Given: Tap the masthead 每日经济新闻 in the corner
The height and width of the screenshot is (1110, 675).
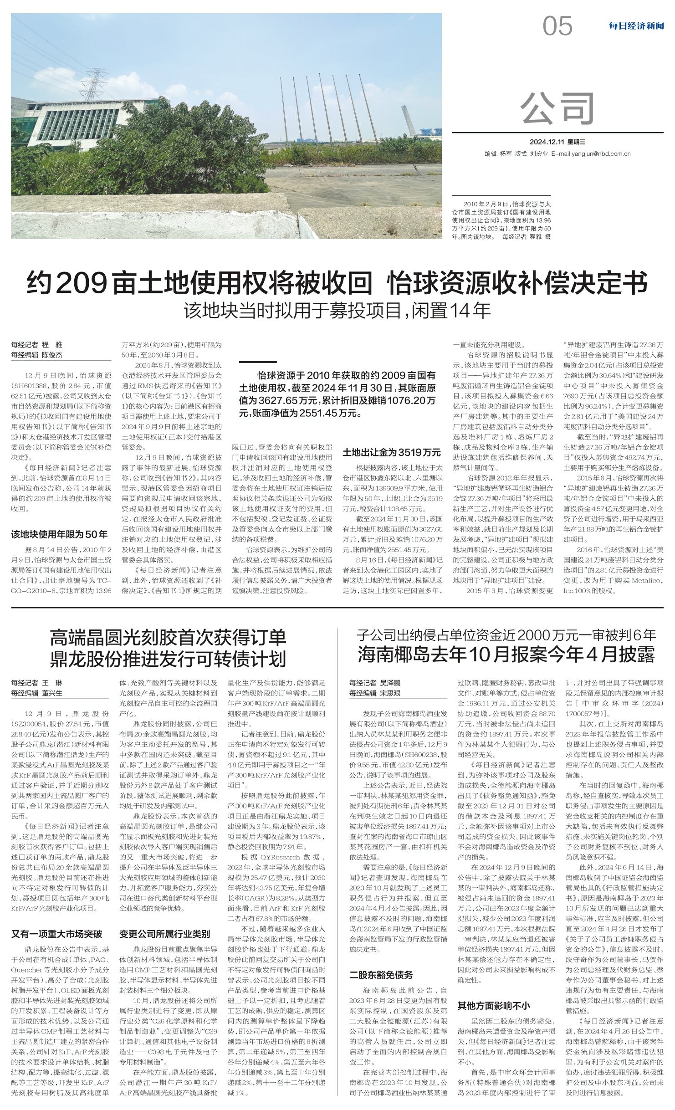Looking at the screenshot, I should [x=636, y=26].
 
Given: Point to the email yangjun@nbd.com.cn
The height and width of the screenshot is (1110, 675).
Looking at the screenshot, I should [x=591, y=154].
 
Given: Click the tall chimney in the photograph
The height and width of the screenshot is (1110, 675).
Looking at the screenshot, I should [x=404, y=121].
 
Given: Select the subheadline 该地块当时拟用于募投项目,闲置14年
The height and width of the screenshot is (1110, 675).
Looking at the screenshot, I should [x=337, y=311].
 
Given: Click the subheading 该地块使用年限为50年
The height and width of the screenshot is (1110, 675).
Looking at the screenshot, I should [x=60, y=534].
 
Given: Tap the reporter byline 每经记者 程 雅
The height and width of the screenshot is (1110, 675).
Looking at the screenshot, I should [x=37, y=345].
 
